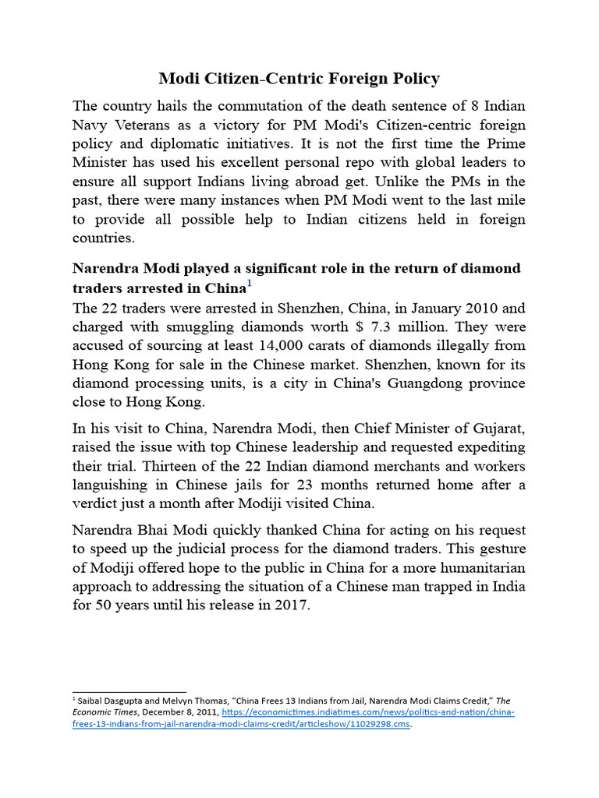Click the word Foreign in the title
click(339, 79)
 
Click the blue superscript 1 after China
click(250, 284)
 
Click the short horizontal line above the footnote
click(129, 691)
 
